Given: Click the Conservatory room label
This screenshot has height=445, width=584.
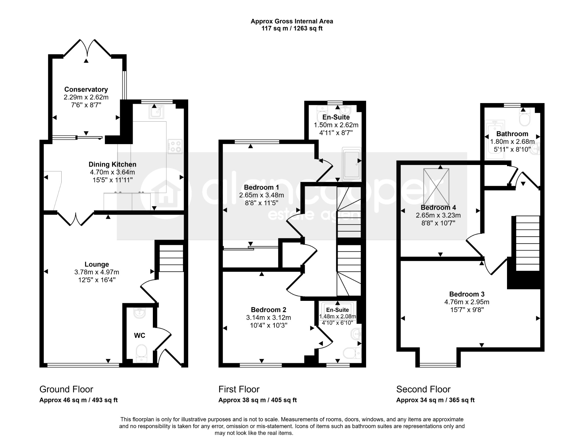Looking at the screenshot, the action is click(86, 89).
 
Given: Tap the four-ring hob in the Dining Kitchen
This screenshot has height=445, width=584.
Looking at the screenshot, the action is click(175, 146).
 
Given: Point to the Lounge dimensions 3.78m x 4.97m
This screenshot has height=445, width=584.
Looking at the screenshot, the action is click(97, 272).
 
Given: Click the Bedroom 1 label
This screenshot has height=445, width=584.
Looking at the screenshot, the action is click(261, 188).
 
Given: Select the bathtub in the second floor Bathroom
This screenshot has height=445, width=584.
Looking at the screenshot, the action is click(495, 140).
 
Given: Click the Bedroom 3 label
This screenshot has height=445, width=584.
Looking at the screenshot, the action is click(467, 294).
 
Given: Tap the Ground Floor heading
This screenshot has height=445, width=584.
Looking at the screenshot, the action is click(66, 389).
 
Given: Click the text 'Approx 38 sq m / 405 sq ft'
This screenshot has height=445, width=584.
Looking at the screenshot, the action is click(257, 400).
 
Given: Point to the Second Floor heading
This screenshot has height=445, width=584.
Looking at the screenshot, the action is click(423, 389).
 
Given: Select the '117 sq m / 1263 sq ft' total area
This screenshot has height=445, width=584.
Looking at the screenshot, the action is click(292, 29).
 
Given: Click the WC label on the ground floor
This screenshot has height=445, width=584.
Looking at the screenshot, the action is click(140, 336).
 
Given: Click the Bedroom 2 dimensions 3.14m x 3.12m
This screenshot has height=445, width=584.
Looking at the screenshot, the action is click(268, 317).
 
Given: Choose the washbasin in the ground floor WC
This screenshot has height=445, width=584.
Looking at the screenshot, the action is click(139, 313).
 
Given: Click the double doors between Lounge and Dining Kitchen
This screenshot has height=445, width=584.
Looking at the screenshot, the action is click(76, 219).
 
